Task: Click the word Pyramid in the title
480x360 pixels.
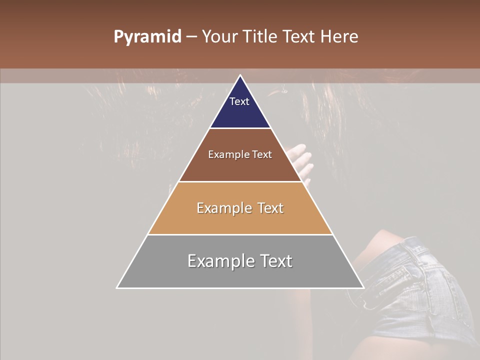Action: [x=147, y=37]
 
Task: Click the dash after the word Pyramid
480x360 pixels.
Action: [x=191, y=37]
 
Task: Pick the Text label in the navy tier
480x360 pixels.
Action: [x=239, y=101]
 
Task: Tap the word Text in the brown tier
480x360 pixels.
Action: [x=262, y=155]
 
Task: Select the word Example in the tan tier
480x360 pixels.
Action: [x=222, y=208]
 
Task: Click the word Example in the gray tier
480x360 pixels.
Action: [x=218, y=261]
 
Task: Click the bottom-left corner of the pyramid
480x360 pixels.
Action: [x=117, y=288]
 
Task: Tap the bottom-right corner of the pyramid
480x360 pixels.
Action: [x=363, y=288]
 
